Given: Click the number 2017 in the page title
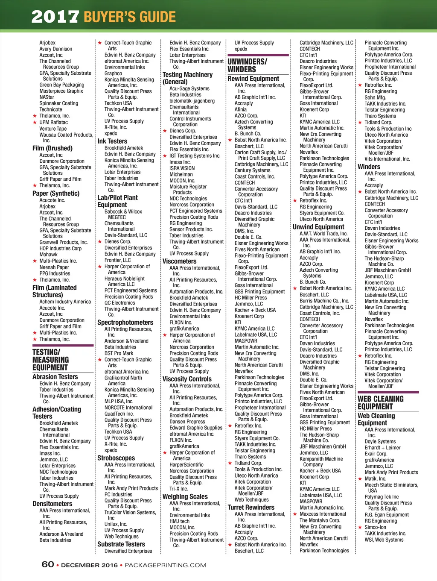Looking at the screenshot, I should pyautogui.click(x=55, y=17).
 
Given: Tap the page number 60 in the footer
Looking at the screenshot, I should pyautogui.click(x=48, y=564).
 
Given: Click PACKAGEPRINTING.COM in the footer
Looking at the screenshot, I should pyautogui.click(x=165, y=565).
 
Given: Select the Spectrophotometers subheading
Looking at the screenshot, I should pyautogui.click(x=125, y=323).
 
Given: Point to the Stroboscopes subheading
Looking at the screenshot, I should pyautogui.click(x=116, y=458).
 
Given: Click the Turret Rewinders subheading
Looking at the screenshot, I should pyautogui.click(x=251, y=507).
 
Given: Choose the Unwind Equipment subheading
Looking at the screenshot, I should pyautogui.click(x=318, y=227).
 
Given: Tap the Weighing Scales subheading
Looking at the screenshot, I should pyautogui.click(x=185, y=496).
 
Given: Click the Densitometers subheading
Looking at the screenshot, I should pyautogui.click(x=52, y=504).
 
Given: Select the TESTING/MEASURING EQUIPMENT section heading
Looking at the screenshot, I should pyautogui.click(x=50, y=360).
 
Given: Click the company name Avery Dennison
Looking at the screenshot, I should pyautogui.click(x=56, y=49).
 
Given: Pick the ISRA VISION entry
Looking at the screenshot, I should pyautogui.click(x=182, y=168).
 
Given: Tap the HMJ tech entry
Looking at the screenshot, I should pyautogui.click(x=180, y=521).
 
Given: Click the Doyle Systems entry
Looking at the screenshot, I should pyautogui.click(x=380, y=442).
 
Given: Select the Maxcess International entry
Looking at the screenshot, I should pyautogui.click(x=323, y=514).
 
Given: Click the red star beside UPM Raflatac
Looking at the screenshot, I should pyautogui.click(x=35, y=123).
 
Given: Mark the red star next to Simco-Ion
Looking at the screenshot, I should pyautogui.click(x=360, y=528).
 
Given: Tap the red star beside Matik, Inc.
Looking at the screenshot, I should pyautogui.click(x=360, y=479).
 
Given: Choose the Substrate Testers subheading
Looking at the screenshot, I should pyautogui.click(x=121, y=544).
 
